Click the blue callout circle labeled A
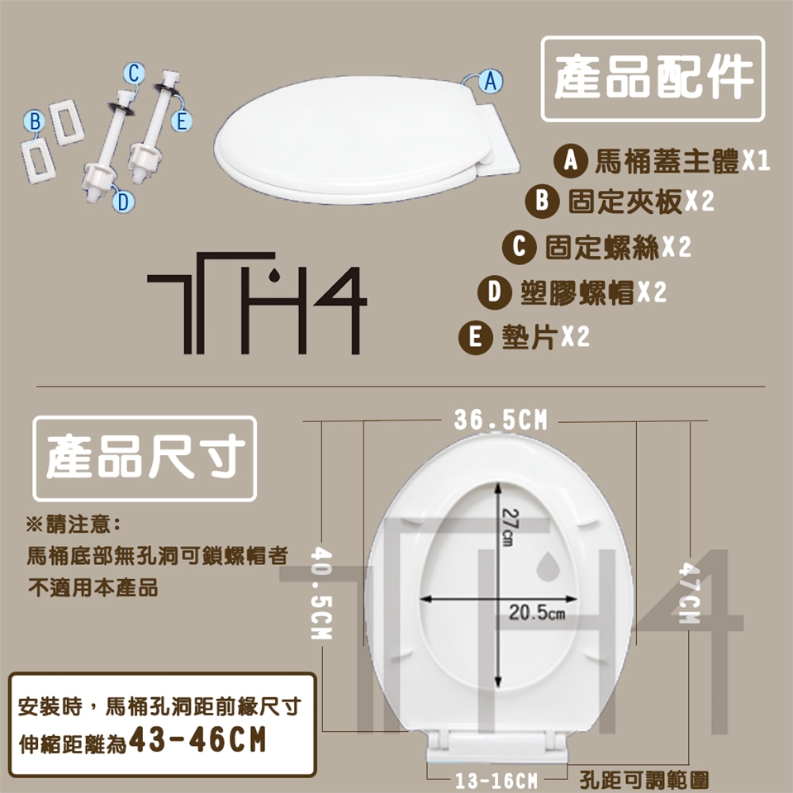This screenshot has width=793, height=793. pyautogui.click(x=490, y=81)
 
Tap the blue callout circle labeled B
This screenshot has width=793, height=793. pyautogui.click(x=35, y=121)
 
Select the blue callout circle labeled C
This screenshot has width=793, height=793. pyautogui.click(x=134, y=74)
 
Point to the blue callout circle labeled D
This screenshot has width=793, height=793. pyautogui.click(x=123, y=202)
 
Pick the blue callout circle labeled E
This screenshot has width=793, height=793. pyautogui.click(x=182, y=121)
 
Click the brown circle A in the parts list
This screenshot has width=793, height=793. pyautogui.click(x=571, y=161)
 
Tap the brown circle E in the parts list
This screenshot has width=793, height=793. pyautogui.click(x=476, y=337)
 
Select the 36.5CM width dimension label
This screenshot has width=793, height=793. pyautogui.click(x=501, y=420)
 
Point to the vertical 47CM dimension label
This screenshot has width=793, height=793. pyautogui.click(x=689, y=593)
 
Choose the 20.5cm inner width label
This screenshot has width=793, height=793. pyautogui.click(x=537, y=612)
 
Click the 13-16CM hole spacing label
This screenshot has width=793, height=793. pyautogui.click(x=496, y=781)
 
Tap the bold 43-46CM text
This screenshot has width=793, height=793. pyautogui.click(x=197, y=740)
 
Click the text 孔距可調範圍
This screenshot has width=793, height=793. pyautogui.click(x=643, y=781)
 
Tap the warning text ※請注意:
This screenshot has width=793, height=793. pyautogui.click(x=74, y=524)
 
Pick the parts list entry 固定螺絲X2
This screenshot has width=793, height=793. pyautogui.click(x=618, y=247)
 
